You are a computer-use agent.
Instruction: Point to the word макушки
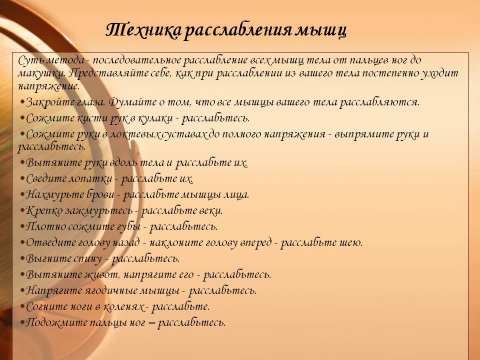click(x=41, y=73)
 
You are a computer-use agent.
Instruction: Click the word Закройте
click(x=50, y=102)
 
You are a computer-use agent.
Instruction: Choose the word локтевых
click(x=134, y=134)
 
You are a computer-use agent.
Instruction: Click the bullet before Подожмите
click(x=22, y=322)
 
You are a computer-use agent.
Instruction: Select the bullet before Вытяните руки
click(x=22, y=162)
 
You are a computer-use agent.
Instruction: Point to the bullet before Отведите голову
click(x=22, y=242)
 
